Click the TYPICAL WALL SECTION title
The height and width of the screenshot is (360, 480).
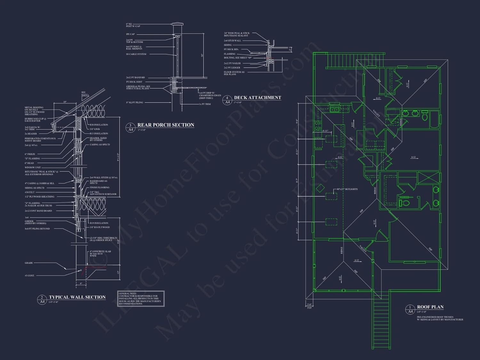(x=77, y=297)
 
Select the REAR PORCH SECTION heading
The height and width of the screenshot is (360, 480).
(x=166, y=125)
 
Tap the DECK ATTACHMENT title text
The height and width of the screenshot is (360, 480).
(x=258, y=98)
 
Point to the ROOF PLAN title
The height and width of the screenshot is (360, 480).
(x=430, y=307)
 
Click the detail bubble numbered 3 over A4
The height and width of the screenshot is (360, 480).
(x=130, y=127)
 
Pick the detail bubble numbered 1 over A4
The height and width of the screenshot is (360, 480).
(x=410, y=309)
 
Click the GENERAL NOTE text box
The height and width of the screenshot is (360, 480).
(x=141, y=299)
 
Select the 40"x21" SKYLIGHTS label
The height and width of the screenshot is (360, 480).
(x=347, y=189)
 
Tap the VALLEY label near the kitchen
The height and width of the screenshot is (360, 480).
(x=376, y=113)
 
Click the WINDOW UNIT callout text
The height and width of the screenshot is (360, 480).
(x=33, y=167)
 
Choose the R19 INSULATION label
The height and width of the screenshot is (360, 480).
(x=99, y=223)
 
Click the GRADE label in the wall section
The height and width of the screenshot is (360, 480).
(x=29, y=263)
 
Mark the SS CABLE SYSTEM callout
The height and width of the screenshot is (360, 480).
(x=136, y=54)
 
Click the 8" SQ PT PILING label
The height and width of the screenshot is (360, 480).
(x=134, y=102)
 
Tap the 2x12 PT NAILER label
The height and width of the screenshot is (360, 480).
(x=232, y=63)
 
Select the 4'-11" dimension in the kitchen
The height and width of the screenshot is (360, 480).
(x=325, y=131)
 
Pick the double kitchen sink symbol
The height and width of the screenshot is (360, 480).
(x=335, y=110)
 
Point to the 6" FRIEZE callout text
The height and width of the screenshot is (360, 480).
(x=30, y=154)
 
